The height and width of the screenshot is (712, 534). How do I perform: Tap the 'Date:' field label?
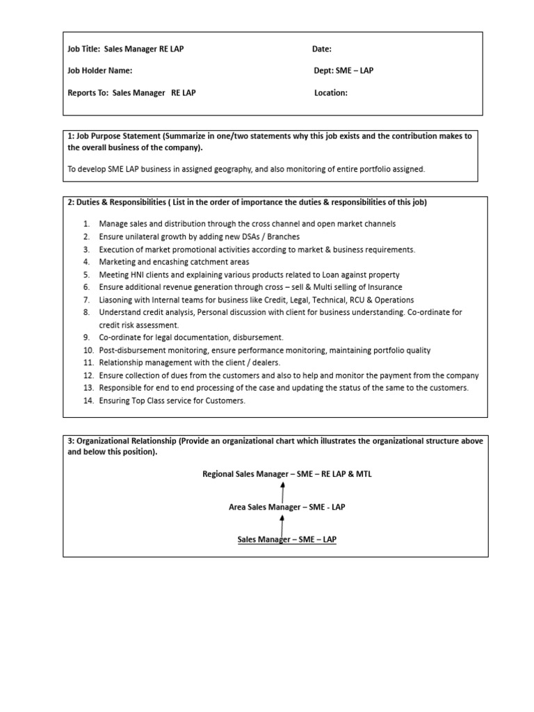[x=321, y=49]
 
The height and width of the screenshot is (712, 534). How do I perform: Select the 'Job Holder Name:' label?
[x=99, y=71]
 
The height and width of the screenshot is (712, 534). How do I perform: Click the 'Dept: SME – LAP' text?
[x=343, y=71]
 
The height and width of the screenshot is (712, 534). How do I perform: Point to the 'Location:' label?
[x=330, y=92]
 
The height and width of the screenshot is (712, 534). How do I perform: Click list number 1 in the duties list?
[x=86, y=224]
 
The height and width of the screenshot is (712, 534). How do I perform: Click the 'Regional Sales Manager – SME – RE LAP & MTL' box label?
[x=282, y=474]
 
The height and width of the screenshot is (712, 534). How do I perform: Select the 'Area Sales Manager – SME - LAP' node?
[x=286, y=507]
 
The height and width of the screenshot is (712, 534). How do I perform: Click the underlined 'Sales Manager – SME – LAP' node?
[x=286, y=540]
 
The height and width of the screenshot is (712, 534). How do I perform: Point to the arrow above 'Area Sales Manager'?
[x=282, y=490]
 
